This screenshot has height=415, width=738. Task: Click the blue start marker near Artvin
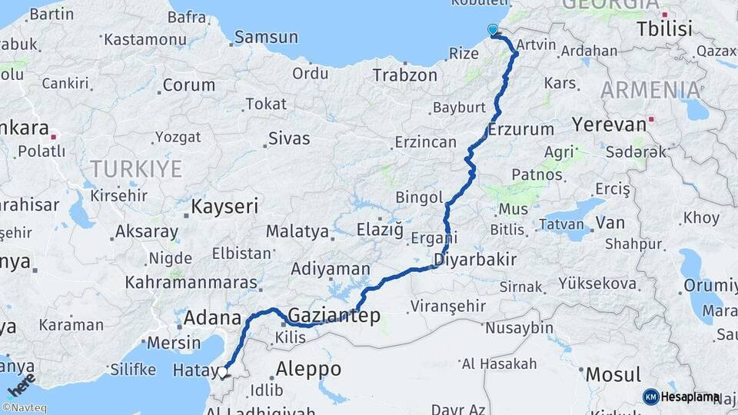click(493, 30)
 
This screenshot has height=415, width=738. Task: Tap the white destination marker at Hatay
click(222, 373)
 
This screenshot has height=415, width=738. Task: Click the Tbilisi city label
click(664, 29)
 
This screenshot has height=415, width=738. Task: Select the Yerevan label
click(609, 124)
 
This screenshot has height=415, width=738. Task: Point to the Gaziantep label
click(334, 315)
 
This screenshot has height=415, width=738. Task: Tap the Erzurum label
click(520, 129)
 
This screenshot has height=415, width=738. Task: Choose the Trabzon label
click(404, 75)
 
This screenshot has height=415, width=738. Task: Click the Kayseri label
click(224, 206)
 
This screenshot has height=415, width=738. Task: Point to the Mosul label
click(613, 375)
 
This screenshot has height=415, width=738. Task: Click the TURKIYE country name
click(135, 168)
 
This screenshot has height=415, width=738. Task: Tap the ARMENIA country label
click(650, 90)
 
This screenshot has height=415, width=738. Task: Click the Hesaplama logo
click(681, 397)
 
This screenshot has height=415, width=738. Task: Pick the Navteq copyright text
click(27, 408)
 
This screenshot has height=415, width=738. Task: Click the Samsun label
click(265, 36)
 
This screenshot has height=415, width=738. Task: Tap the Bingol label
click(419, 198)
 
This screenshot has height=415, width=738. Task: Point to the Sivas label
click(288, 139)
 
